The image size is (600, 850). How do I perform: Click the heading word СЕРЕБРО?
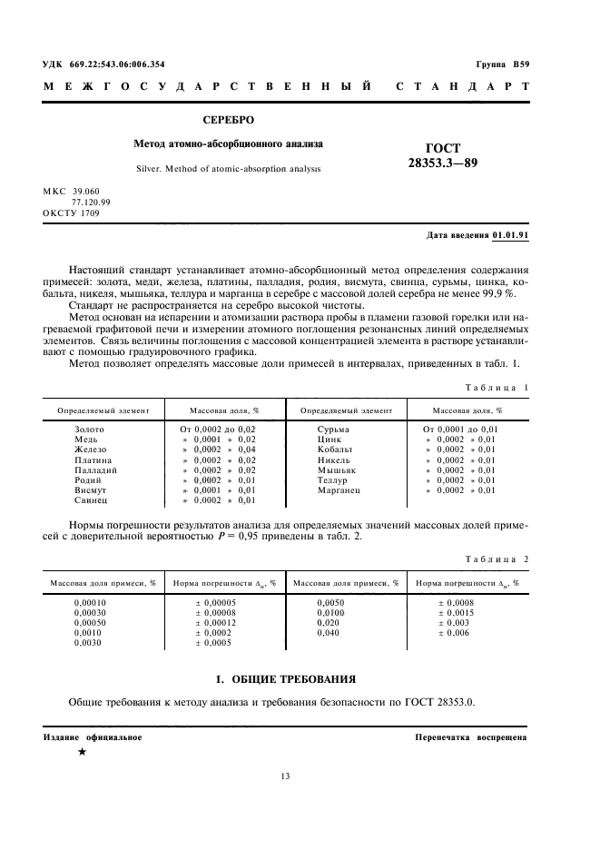click(x=228, y=119)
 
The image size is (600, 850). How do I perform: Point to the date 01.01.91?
click(x=510, y=234)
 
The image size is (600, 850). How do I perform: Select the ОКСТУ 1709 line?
click(x=72, y=212)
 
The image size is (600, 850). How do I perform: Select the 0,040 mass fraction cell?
click(x=329, y=633)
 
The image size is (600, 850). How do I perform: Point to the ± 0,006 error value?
click(x=454, y=633)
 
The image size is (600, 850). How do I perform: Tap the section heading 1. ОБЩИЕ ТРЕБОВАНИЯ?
click(x=285, y=678)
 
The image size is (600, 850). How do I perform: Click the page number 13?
click(x=285, y=776)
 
